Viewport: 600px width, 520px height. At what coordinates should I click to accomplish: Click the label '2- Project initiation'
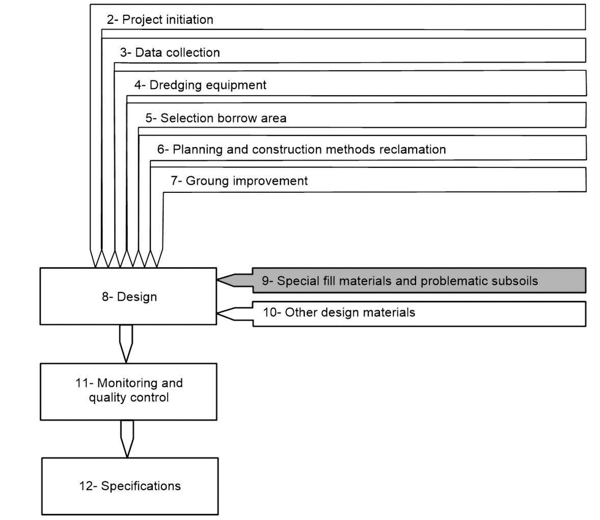pos(160,20)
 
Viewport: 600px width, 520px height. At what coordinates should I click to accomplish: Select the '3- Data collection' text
pos(170,52)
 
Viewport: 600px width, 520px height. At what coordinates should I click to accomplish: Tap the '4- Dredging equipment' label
pos(200,85)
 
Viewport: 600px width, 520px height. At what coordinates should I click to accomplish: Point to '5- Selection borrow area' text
pos(216,118)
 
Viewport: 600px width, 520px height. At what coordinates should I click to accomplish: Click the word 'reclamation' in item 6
pos(413,150)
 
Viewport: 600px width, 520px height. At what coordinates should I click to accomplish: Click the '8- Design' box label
pos(129,297)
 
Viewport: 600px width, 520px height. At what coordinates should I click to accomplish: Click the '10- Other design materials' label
pos(339,312)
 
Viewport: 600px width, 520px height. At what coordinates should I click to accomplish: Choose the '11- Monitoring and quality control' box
pos(129,391)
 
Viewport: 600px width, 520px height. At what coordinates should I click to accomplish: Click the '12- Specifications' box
pos(130,486)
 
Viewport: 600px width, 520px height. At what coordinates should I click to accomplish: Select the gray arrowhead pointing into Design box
pos(233,280)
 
